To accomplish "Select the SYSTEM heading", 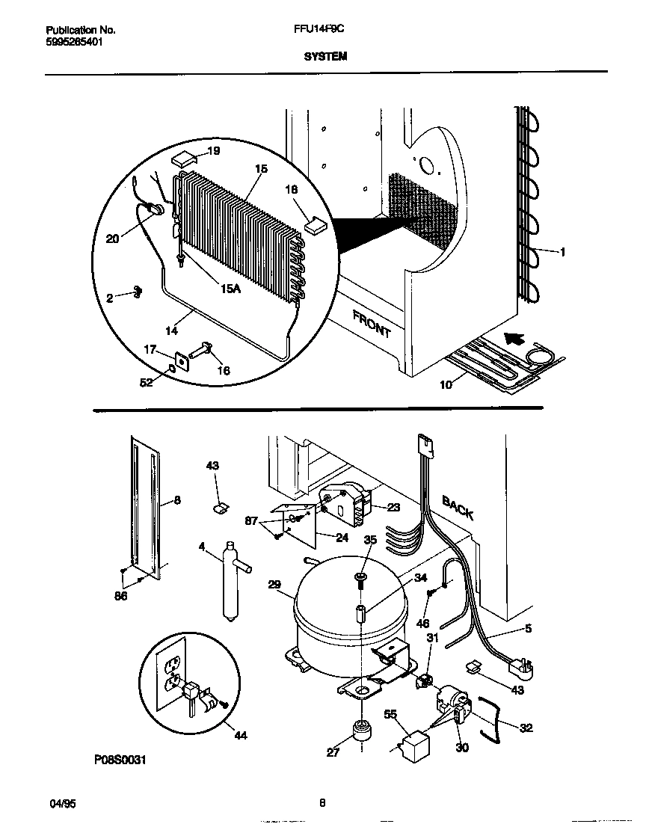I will tap(325, 56).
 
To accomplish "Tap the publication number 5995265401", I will tap(74, 42).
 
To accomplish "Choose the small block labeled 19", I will tap(183, 159).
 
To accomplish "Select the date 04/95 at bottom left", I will tap(59, 803).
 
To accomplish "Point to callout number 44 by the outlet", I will tap(239, 736).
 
